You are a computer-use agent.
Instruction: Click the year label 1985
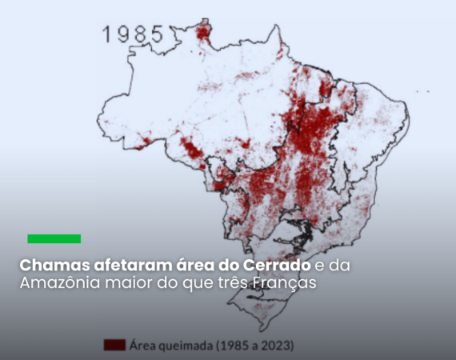click(133, 34)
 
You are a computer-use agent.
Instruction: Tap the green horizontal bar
click(54, 238)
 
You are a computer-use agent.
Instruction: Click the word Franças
click(284, 284)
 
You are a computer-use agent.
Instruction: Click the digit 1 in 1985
click(107, 34)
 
